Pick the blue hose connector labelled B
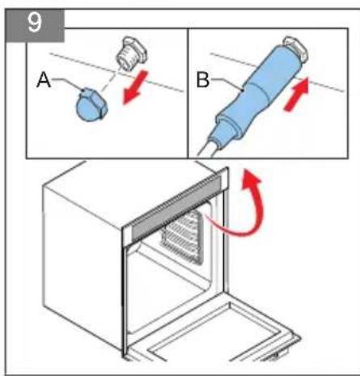(255, 90)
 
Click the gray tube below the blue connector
(208, 146)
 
